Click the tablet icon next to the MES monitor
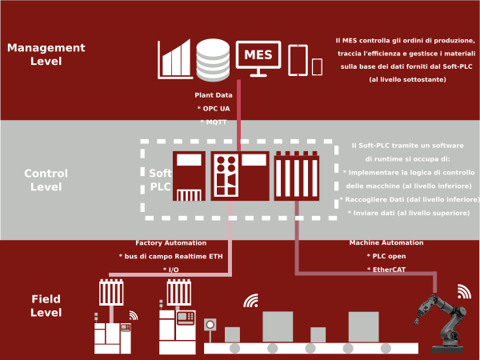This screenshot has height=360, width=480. coord(298,58)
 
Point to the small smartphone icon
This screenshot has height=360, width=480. coord(317,66)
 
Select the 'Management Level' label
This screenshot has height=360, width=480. coord(46,54)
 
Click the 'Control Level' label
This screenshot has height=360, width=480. coord(46,180)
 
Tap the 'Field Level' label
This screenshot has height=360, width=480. coord(46,306)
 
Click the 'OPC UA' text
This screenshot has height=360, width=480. coord(214,108)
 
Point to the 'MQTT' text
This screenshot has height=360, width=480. coord(214,121)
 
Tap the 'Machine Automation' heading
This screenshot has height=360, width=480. coord(386,242)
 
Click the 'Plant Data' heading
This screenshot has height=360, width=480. coord(214,95)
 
